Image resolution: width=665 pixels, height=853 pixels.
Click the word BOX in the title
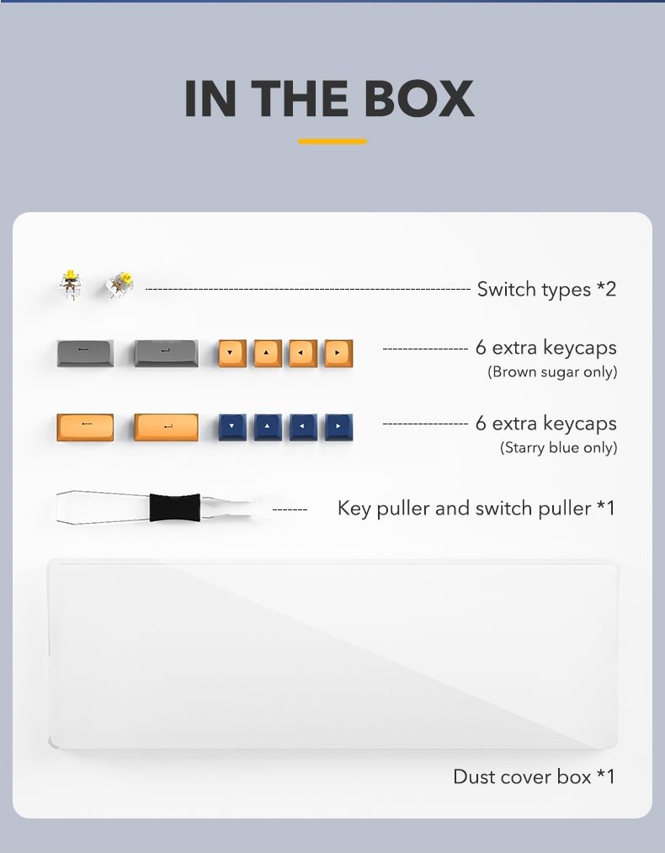click(x=418, y=99)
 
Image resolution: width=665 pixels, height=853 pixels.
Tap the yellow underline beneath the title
click(x=332, y=141)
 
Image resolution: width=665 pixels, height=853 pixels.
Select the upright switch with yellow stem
click(x=70, y=285)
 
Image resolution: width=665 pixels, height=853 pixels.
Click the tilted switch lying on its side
click(x=120, y=285)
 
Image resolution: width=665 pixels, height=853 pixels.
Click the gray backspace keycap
click(x=85, y=353)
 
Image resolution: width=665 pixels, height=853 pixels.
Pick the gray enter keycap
click(x=167, y=353)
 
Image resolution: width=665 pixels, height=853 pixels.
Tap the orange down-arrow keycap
click(x=232, y=354)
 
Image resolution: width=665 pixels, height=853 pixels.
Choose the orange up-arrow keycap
click(x=268, y=354)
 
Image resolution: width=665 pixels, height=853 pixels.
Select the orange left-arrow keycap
click(x=303, y=354)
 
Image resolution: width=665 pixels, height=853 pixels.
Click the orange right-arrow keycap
click(x=338, y=354)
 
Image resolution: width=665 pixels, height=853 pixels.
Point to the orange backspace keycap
click(x=85, y=428)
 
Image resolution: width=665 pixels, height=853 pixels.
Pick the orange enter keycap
click(x=167, y=428)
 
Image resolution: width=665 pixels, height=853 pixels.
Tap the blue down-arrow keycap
click(x=232, y=428)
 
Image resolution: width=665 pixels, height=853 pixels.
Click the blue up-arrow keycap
click(x=268, y=428)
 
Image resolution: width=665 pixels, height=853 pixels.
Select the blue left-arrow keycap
click(x=303, y=428)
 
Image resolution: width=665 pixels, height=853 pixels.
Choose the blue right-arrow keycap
click(x=338, y=428)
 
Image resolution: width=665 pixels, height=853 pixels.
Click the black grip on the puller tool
click(x=175, y=508)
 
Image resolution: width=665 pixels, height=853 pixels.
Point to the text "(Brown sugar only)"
click(x=552, y=372)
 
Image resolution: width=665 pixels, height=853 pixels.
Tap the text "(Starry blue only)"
click(x=558, y=448)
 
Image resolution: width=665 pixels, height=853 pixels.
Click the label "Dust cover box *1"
click(x=534, y=777)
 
